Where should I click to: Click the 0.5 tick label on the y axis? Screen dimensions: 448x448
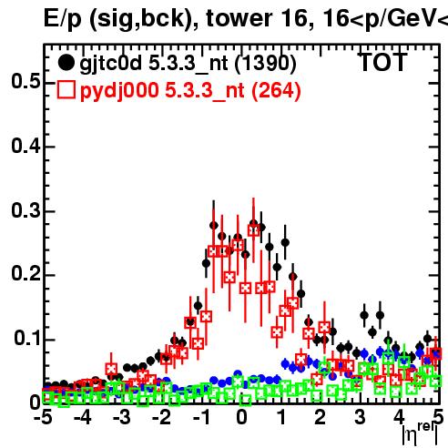click(x=25, y=81)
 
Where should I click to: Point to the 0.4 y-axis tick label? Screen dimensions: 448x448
click(x=25, y=146)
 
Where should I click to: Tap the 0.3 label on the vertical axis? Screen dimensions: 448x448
click(x=25, y=210)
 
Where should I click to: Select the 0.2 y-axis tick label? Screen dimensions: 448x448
click(x=25, y=274)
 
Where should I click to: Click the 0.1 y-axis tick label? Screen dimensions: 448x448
click(x=26, y=338)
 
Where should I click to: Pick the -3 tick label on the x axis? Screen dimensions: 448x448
click(x=122, y=417)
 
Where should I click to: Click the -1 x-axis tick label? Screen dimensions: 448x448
click(x=201, y=417)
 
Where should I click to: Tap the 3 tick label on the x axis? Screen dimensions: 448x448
click(x=361, y=417)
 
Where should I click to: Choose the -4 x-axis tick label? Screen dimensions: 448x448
click(x=83, y=417)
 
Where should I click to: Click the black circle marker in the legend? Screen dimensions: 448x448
click(x=66, y=63)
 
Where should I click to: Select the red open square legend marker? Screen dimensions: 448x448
click(x=66, y=90)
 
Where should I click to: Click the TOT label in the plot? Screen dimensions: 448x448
click(x=382, y=63)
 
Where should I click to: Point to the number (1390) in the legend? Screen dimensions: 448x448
click(x=266, y=64)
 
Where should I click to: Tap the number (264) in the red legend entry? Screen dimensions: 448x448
click(x=276, y=91)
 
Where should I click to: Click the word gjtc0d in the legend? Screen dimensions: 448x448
click(x=111, y=64)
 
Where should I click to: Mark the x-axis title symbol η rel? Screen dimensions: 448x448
click(x=420, y=434)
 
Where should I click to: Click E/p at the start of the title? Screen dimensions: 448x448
click(x=63, y=19)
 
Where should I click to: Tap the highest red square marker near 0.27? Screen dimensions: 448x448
click(x=254, y=230)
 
